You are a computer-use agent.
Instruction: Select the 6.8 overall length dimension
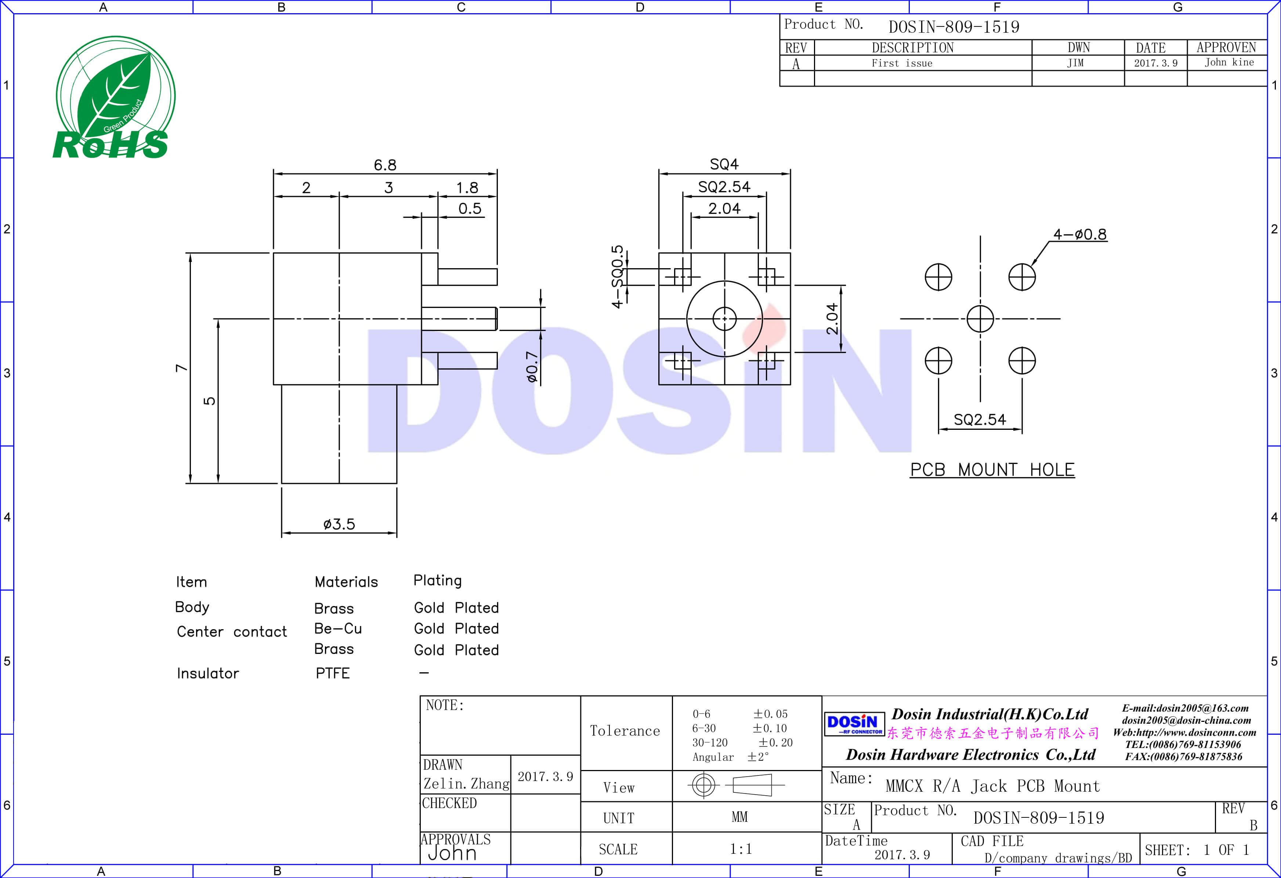pyautogui.click(x=385, y=165)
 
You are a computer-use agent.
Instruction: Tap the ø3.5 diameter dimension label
pyautogui.click(x=339, y=524)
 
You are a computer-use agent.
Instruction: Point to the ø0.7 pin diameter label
pyautogui.click(x=531, y=366)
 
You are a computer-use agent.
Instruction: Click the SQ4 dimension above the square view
pyautogui.click(x=724, y=164)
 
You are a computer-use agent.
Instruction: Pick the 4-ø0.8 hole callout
pyautogui.click(x=1079, y=234)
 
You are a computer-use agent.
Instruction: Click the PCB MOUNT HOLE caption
pyautogui.click(x=992, y=470)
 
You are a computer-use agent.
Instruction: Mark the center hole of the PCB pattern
pyautogui.click(x=980, y=319)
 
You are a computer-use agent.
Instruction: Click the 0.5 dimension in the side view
pyautogui.click(x=470, y=208)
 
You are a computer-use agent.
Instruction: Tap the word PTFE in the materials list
pyautogui.click(x=332, y=673)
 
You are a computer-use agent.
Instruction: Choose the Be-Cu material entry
pyautogui.click(x=338, y=629)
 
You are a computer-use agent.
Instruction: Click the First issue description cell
pyautogui.click(x=902, y=64)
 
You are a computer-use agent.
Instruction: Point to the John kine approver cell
pyautogui.click(x=1228, y=62)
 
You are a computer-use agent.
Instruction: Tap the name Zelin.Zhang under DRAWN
pyautogui.click(x=466, y=784)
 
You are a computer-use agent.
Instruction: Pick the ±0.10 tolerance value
pyautogui.click(x=770, y=728)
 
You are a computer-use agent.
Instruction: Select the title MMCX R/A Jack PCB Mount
pyautogui.click(x=992, y=786)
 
